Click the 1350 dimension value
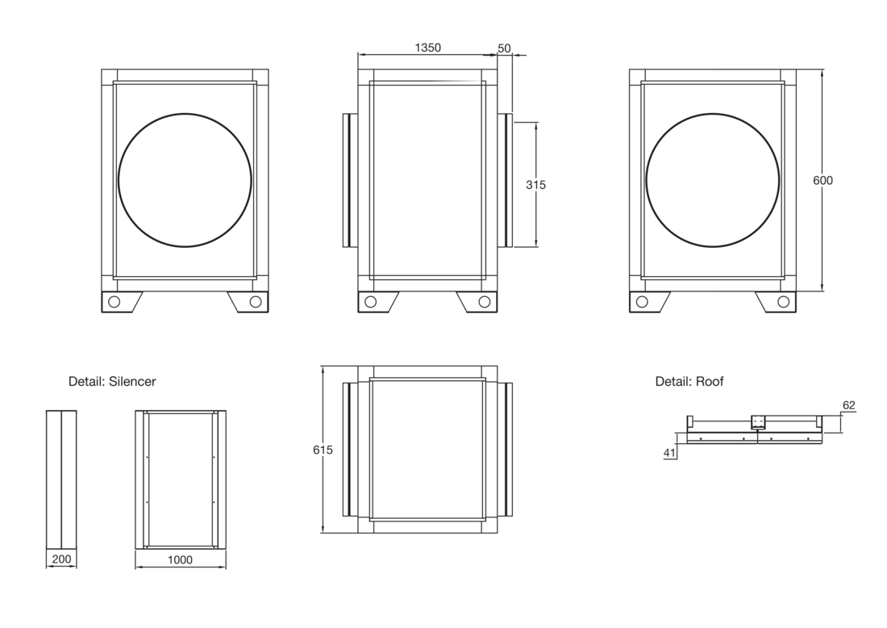(x=427, y=48)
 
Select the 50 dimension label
(x=504, y=48)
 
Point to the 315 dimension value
(x=535, y=185)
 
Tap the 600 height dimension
(x=822, y=180)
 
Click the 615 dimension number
(x=323, y=450)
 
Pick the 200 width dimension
(x=61, y=559)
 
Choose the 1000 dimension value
(x=180, y=559)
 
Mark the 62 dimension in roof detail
(x=849, y=405)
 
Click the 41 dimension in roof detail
(x=670, y=453)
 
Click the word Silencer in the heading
(x=132, y=382)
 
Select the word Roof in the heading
(x=710, y=382)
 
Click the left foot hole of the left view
(x=115, y=302)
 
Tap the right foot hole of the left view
(x=256, y=302)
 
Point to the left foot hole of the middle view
(x=371, y=302)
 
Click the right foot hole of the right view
(x=784, y=302)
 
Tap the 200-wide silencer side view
(x=61, y=479)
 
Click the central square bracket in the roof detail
(x=757, y=422)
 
